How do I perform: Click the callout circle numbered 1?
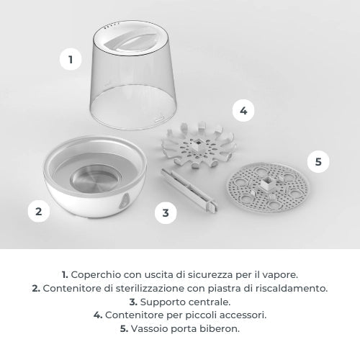tap(71, 59)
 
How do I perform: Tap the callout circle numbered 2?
tap(39, 211)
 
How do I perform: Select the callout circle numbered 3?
tap(166, 212)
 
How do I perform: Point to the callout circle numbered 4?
tap(243, 111)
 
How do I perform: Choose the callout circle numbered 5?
tap(318, 161)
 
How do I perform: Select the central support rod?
tap(189, 189)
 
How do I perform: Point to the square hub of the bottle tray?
tap(267, 183)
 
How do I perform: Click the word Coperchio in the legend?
tap(96, 275)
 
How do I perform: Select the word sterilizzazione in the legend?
tap(150, 288)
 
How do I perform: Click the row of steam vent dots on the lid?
tap(112, 24)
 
